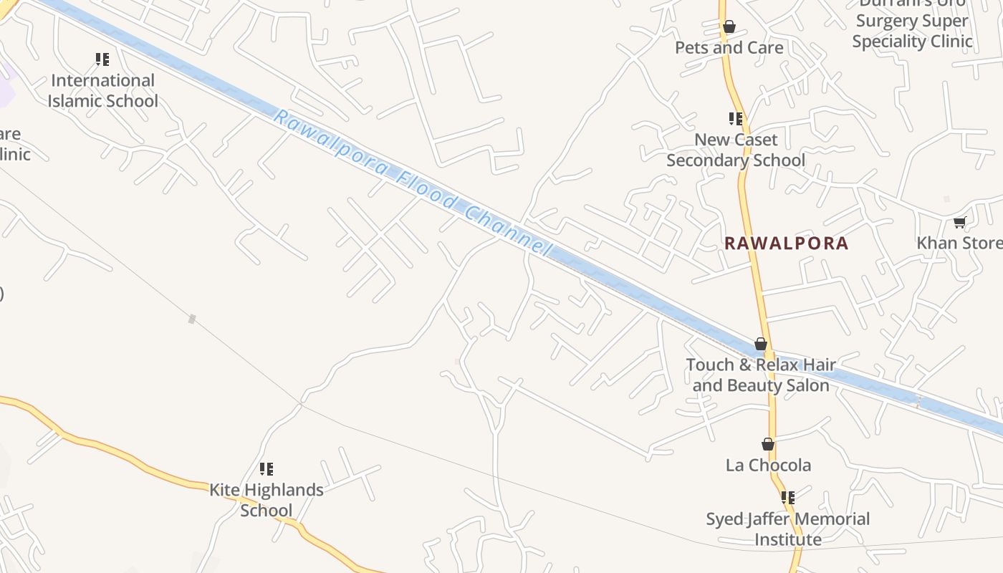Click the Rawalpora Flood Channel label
[412, 183]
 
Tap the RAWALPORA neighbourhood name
[786, 243]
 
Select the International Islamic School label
[103, 91]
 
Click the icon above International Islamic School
[102, 59]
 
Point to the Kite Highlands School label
[266, 500]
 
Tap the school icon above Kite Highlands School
[267, 469]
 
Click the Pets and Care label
[729, 48]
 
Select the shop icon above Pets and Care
[729, 27]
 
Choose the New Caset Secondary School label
[736, 150]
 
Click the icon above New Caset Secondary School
[736, 118]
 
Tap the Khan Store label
[959, 243]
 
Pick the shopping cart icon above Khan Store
[960, 223]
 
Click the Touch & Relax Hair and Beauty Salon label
[761, 375]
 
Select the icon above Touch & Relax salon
[761, 345]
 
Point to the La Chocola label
[768, 465]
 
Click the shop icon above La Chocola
[768, 445]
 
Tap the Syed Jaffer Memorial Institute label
[788, 529]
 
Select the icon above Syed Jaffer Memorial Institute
[788, 497]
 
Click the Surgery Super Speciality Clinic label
[912, 31]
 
